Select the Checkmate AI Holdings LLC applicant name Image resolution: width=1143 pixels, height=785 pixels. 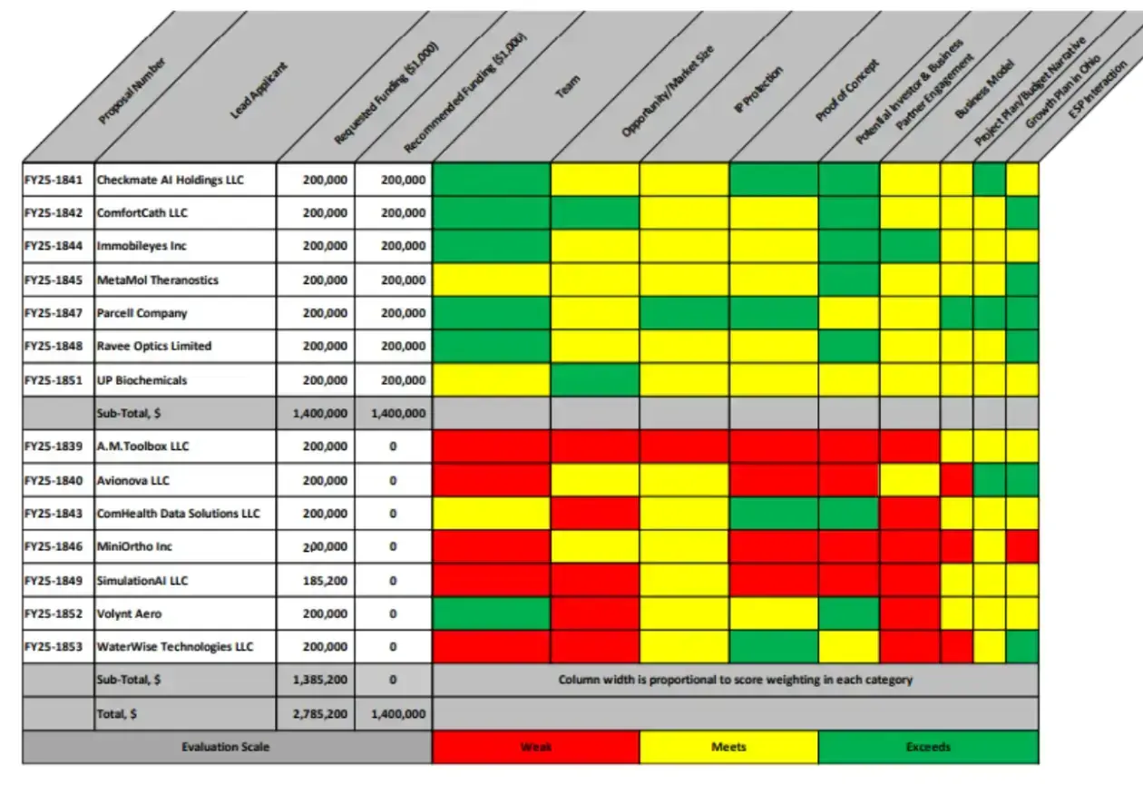171,180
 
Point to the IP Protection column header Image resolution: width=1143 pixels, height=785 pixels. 757,89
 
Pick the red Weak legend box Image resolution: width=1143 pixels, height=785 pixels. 536,747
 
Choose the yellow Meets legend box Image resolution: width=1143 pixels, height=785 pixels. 728,747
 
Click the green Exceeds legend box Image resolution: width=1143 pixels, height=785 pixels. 928,747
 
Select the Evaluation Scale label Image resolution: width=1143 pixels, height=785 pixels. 226,747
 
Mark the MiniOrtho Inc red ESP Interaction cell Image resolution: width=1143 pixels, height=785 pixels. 1021,546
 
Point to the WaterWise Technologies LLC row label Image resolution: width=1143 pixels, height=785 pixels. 175,647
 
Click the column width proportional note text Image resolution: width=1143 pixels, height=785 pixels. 735,680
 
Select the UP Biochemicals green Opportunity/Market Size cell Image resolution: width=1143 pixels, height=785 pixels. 594,379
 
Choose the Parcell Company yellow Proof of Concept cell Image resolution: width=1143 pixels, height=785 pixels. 848,313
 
